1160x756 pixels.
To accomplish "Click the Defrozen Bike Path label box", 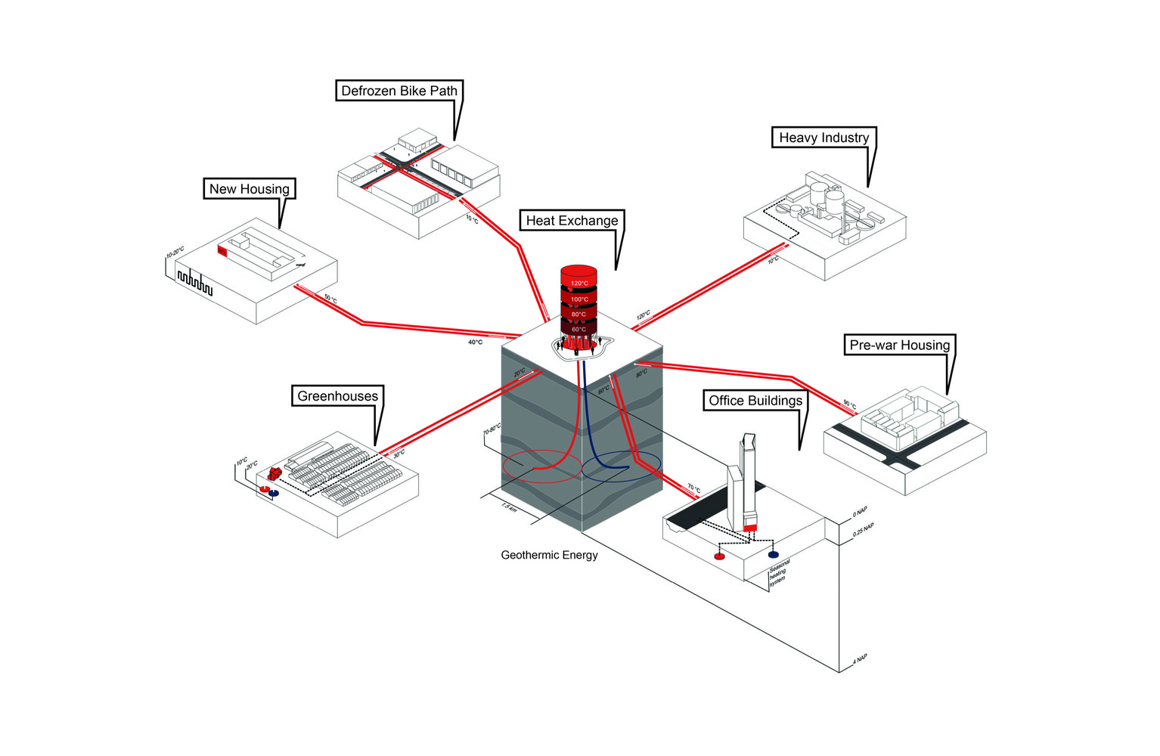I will pyautogui.click(x=399, y=91).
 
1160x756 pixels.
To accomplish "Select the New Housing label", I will pyautogui.click(x=249, y=189).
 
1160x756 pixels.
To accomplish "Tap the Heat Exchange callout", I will pyautogui.click(x=572, y=221).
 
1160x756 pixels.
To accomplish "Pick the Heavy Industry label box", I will pyautogui.click(x=823, y=138).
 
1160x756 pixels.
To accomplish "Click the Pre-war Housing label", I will pyautogui.click(x=899, y=345).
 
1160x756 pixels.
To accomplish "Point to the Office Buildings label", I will pyautogui.click(x=755, y=401).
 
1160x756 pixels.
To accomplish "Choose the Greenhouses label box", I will pyautogui.click(x=337, y=396).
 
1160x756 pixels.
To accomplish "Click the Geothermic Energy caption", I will pyautogui.click(x=549, y=555).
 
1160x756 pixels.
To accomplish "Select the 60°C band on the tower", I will pyautogui.click(x=578, y=329).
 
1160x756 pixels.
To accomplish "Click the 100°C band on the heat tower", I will pyautogui.click(x=578, y=299).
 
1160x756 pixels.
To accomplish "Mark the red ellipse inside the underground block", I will pyautogui.click(x=542, y=466).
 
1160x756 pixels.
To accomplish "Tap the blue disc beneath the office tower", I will pyautogui.click(x=773, y=555).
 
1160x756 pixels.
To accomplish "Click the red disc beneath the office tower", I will pyautogui.click(x=719, y=556).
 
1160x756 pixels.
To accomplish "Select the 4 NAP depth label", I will pyautogui.click(x=860, y=659).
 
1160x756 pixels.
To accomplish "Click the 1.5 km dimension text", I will pyautogui.click(x=509, y=507).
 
